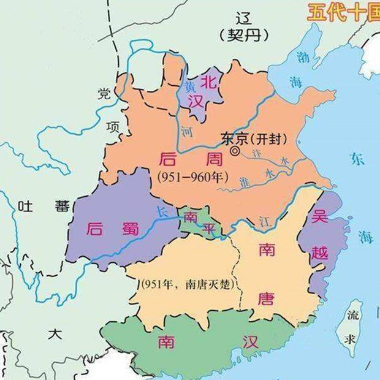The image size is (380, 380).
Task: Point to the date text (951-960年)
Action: [192, 178]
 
